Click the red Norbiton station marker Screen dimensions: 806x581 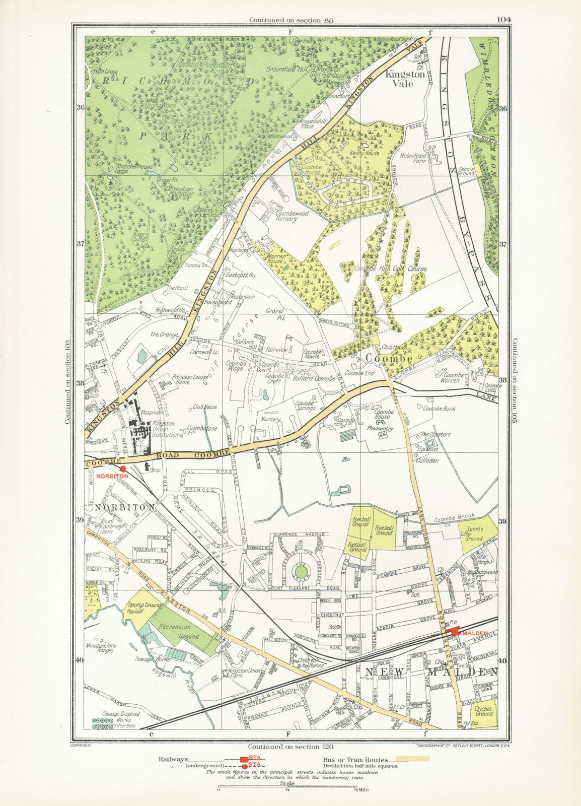coord(123,468)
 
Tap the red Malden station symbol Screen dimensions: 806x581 coord(455,632)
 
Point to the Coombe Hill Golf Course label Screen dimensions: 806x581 coord(391,269)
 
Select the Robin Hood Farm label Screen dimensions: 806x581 coord(413,159)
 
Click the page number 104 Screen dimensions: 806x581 coord(503,20)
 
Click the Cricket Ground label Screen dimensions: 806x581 coord(484,711)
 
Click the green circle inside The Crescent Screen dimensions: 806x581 coord(301,572)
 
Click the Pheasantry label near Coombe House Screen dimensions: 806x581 coord(380,429)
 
